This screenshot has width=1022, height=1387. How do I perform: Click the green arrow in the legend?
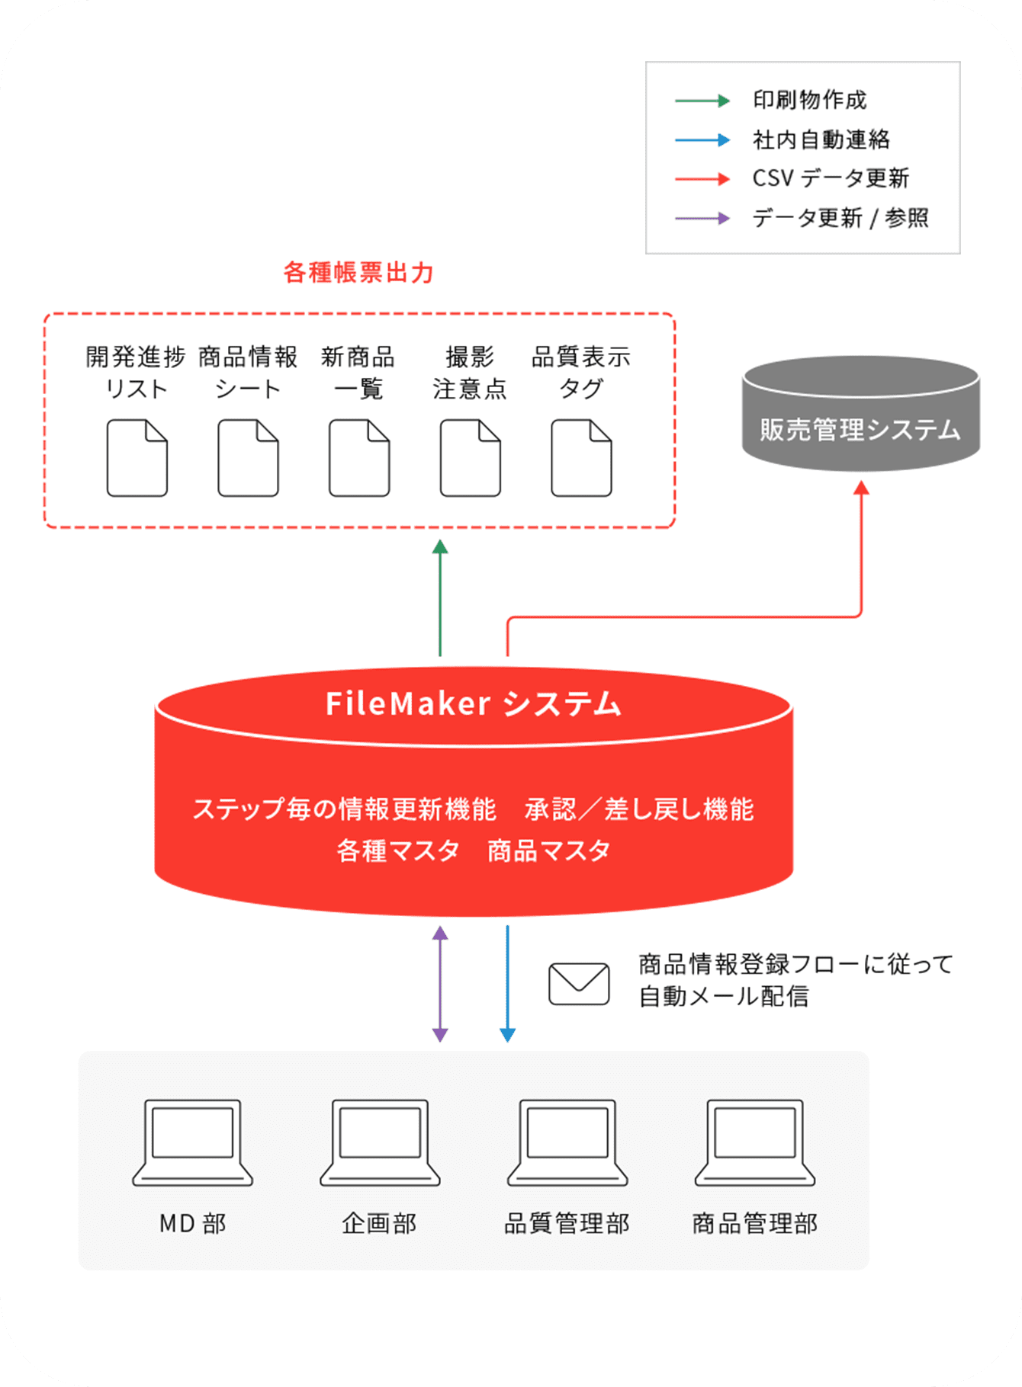click(x=702, y=101)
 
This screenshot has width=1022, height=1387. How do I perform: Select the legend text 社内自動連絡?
click(x=821, y=139)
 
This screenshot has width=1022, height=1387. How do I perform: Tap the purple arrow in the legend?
click(x=702, y=219)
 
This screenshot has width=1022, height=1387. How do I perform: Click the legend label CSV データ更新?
click(x=830, y=178)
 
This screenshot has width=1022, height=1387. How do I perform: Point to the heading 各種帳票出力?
click(x=358, y=272)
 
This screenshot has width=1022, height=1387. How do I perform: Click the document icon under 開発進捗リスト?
click(x=137, y=458)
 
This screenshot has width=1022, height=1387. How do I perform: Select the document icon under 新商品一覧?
click(x=359, y=458)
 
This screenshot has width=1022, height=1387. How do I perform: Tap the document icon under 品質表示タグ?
click(x=581, y=458)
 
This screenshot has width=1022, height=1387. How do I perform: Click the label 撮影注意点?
click(x=470, y=373)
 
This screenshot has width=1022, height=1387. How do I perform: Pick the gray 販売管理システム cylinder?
click(x=860, y=415)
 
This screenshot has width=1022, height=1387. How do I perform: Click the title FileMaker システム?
click(x=474, y=703)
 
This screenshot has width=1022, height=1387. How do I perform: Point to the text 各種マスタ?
click(x=397, y=850)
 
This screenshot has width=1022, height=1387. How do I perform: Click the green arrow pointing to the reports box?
click(x=440, y=597)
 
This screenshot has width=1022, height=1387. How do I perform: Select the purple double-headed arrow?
click(x=440, y=983)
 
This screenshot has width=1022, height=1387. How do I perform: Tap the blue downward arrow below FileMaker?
click(x=507, y=983)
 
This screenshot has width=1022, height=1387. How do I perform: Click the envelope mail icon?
click(x=579, y=984)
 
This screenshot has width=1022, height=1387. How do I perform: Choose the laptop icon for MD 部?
click(x=193, y=1142)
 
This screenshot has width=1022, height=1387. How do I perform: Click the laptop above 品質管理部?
click(x=567, y=1142)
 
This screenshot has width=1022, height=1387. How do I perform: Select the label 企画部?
click(x=380, y=1223)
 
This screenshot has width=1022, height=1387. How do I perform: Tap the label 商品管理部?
click(x=754, y=1223)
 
